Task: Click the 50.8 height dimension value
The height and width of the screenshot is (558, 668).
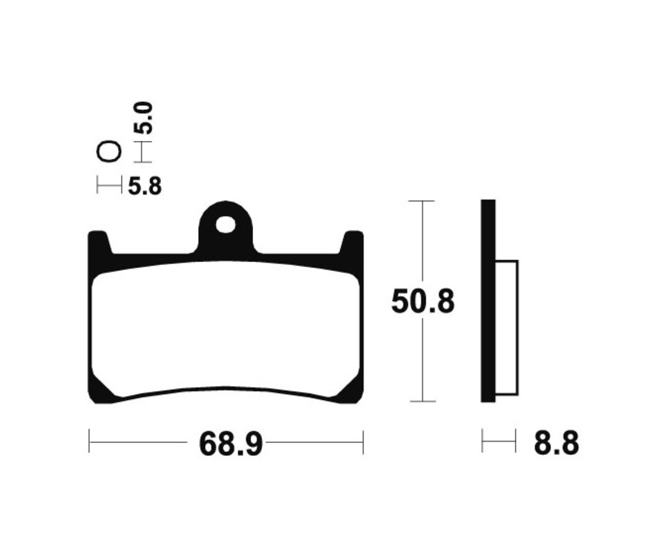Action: coord(422,303)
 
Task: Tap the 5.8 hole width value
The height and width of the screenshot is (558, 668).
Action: coord(144,186)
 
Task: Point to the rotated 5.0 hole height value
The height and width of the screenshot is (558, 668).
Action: coord(143,118)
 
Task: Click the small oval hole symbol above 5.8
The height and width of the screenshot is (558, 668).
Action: coord(108,152)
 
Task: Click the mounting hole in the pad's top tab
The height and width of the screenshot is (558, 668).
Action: coord(226,223)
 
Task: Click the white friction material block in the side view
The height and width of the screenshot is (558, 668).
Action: coord(506,326)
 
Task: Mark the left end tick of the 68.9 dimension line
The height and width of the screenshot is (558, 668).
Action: coord(89,442)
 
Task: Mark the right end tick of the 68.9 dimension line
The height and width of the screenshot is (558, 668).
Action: coord(363,442)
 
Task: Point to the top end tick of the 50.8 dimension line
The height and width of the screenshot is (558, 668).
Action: coord(422,201)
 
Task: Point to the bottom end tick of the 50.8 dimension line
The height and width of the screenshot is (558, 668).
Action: coord(422,401)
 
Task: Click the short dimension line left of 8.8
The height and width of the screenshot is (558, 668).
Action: coord(499,442)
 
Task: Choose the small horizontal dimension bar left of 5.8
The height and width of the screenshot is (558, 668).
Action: coord(109,186)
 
